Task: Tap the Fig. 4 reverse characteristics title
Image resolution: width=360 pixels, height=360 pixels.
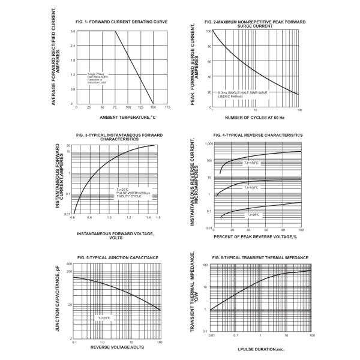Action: pyautogui.click(x=259, y=135)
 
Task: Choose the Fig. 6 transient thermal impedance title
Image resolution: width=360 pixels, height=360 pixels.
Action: pyautogui.click(x=260, y=257)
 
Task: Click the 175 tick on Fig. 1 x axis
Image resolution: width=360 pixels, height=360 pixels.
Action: pyautogui.click(x=167, y=107)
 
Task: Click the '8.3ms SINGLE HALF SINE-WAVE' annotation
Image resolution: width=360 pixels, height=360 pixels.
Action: pyautogui.click(x=247, y=92)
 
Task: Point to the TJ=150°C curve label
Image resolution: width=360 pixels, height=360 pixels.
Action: pyautogui.click(x=251, y=163)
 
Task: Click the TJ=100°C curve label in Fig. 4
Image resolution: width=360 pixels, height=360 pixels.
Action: pyautogui.click(x=251, y=188)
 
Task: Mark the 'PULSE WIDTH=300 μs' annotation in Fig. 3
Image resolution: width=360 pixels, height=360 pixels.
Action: pyautogui.click(x=134, y=192)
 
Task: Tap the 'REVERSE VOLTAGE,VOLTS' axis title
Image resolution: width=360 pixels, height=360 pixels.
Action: pyautogui.click(x=117, y=347)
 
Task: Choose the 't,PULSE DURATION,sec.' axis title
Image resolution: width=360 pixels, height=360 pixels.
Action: pyautogui.click(x=259, y=348)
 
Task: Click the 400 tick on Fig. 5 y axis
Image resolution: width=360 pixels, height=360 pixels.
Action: pyautogui.click(x=70, y=264)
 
